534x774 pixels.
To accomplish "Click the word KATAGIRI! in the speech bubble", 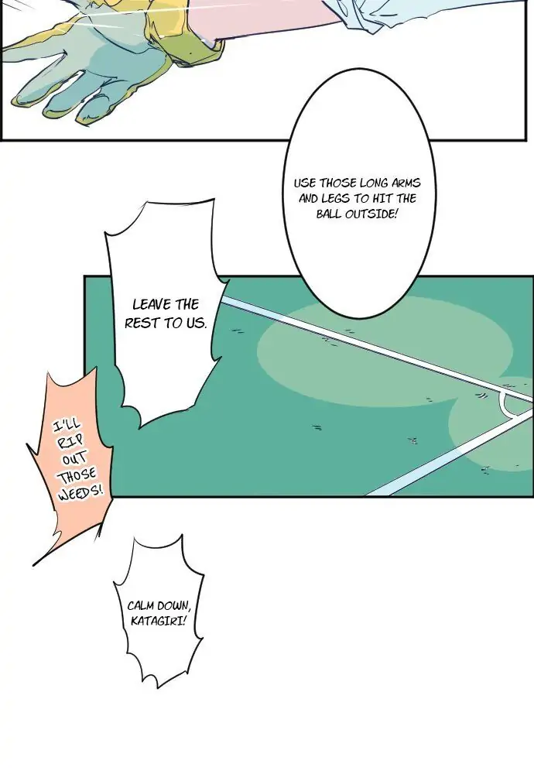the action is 159,621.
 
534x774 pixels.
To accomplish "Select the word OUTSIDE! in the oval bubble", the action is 370,214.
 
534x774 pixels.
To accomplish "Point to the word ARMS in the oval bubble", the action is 406,183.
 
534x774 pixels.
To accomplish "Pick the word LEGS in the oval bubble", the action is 335,199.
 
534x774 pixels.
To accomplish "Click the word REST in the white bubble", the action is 142,324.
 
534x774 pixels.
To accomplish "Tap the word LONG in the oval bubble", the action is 374,183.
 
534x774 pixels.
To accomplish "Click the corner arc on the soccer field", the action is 506,406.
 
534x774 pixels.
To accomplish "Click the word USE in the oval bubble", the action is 305,183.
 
